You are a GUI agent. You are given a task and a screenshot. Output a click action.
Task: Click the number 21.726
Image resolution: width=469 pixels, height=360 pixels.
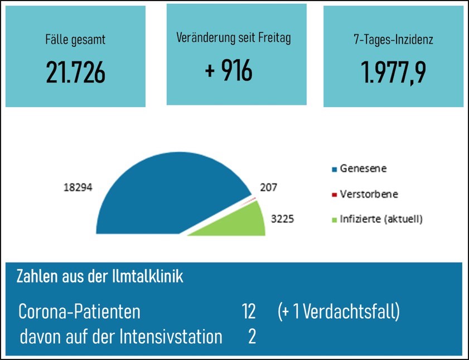(x=75, y=72)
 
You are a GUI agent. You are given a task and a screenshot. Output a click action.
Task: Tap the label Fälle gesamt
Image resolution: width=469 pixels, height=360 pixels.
(x=75, y=40)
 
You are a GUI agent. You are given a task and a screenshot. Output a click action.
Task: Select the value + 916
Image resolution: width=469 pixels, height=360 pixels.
(x=229, y=71)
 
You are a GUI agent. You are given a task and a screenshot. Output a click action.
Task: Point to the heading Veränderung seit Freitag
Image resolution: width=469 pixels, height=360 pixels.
(x=234, y=38)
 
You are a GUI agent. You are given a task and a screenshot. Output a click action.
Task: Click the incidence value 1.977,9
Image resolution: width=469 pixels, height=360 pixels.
(x=394, y=72)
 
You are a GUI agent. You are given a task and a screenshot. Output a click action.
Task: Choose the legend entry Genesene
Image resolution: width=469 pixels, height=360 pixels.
(x=363, y=168)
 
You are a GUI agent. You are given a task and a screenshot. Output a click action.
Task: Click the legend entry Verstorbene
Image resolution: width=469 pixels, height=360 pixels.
(x=369, y=194)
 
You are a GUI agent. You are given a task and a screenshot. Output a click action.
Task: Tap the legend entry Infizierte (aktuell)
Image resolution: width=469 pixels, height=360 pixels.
(x=381, y=219)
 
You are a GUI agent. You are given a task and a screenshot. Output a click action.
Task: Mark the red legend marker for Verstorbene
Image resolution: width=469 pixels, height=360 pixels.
(x=335, y=194)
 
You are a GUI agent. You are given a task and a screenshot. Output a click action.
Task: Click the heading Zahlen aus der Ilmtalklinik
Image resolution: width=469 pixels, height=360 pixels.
(x=100, y=276)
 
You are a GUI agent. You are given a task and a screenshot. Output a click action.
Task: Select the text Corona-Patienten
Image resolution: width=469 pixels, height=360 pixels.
(x=79, y=312)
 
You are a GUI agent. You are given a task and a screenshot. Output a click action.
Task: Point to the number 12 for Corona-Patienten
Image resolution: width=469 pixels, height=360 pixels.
(x=249, y=312)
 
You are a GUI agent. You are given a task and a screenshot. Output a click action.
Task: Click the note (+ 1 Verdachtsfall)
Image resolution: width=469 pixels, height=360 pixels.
(x=339, y=312)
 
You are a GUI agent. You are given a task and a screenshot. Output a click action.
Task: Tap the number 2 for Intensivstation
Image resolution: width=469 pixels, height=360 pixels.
(x=252, y=337)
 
